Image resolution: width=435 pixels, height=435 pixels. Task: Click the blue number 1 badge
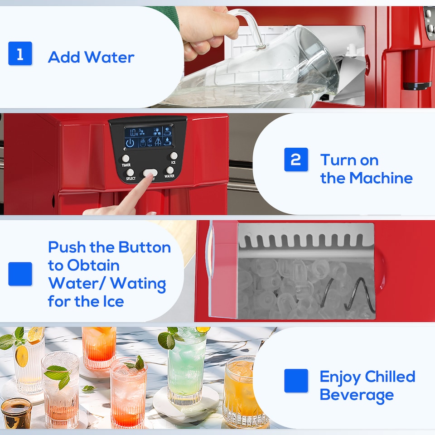[x=20, y=53]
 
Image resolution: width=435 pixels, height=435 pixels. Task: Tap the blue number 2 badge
[x=296, y=159]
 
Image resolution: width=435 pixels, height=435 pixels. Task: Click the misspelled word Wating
[x=138, y=283]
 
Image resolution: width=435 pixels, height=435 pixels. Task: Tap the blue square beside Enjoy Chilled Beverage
[x=296, y=381]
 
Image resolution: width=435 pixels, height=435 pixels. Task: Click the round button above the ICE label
[x=174, y=155]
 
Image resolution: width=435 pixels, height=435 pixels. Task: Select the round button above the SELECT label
[x=130, y=172]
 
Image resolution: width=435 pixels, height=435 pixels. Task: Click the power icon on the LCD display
[x=130, y=143]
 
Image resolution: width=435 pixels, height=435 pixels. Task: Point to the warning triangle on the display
[x=158, y=142]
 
